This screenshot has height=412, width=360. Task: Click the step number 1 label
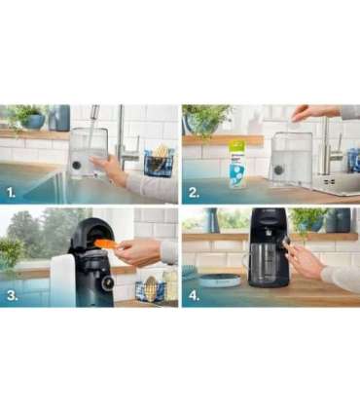coord(12,193)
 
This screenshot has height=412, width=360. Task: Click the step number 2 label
coord(195,193)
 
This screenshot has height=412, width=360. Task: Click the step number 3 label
coord(12,295)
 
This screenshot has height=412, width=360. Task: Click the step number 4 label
coord(195,295)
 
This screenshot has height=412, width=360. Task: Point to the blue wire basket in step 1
coord(158,162)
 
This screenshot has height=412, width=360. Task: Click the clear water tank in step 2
coord(291,156)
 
